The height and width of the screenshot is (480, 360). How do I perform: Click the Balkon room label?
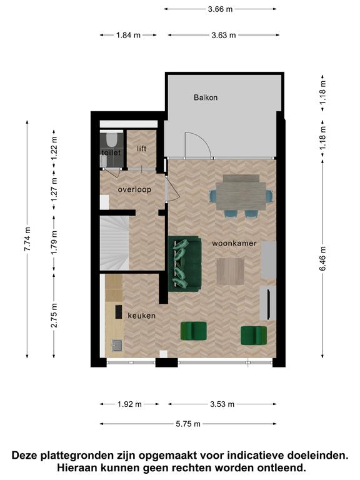(206, 97)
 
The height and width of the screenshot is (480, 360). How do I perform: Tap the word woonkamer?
(234, 243)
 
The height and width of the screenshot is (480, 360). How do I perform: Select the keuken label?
(141, 316)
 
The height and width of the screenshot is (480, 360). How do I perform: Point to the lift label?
(141, 149)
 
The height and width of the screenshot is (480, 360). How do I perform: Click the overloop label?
(134, 190)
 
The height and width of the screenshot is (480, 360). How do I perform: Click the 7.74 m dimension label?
(27, 239)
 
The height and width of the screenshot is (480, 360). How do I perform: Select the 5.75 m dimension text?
(188, 424)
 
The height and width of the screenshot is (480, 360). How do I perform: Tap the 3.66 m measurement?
(220, 9)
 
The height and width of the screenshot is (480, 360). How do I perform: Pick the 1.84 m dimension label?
(128, 35)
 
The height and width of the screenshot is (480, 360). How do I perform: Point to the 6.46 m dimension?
(322, 259)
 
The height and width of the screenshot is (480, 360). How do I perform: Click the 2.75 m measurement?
(54, 315)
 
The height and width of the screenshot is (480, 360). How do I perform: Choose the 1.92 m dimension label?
(129, 404)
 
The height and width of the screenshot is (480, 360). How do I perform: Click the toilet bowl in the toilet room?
(111, 139)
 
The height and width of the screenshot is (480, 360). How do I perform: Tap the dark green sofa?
(185, 264)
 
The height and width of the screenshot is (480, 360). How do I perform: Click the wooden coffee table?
(230, 271)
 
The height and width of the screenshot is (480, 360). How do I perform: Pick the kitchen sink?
(117, 346)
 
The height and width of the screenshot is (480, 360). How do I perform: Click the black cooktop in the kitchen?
(119, 312)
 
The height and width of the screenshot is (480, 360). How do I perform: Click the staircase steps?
(114, 243)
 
